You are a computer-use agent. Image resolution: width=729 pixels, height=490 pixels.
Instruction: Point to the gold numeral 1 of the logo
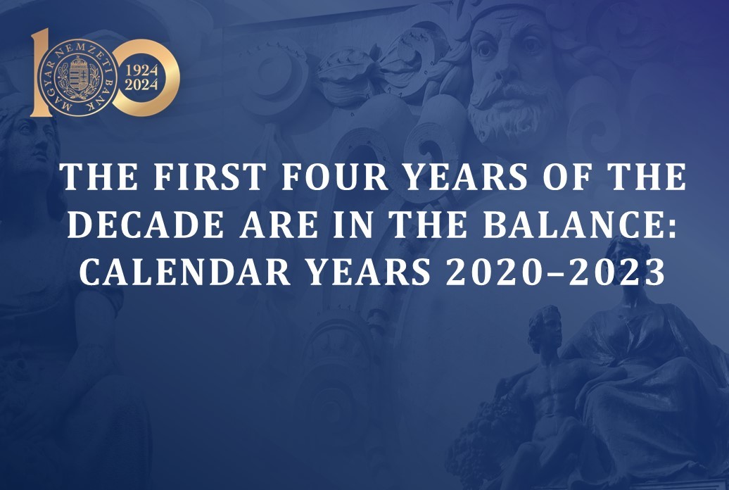click(42, 72)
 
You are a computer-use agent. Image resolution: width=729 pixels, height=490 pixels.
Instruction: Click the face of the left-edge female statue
click(35, 142)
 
